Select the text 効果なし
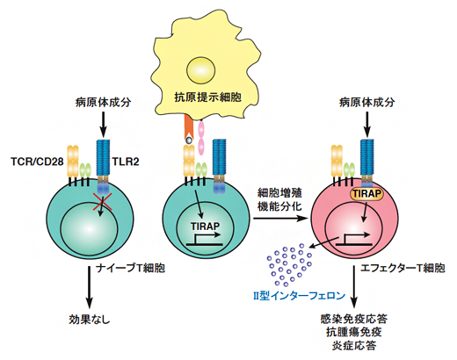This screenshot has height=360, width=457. [91, 321]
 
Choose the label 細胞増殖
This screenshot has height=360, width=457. [279, 191]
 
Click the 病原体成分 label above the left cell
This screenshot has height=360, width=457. [104, 104]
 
